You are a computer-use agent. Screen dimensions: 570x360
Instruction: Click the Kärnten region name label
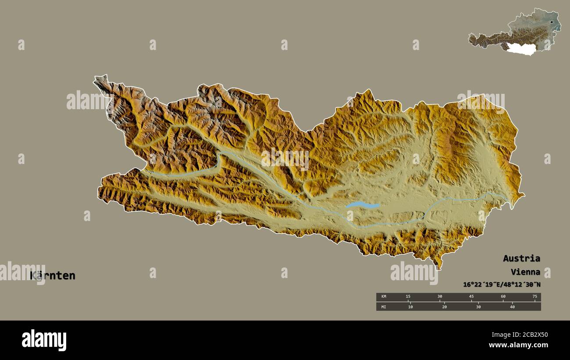53,276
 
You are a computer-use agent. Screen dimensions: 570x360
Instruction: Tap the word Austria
521,258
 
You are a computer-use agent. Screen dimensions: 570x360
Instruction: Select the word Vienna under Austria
525,272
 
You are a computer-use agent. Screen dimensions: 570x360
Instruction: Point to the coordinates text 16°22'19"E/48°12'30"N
502,285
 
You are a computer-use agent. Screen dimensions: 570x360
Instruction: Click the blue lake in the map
363,205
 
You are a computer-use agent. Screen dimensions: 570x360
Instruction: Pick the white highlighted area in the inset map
522,49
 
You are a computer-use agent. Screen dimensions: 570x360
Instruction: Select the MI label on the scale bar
383,307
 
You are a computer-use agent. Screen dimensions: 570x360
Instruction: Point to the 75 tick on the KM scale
534,297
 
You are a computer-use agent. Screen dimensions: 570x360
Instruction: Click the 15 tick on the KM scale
408,297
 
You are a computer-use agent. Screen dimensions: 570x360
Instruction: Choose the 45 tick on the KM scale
471,297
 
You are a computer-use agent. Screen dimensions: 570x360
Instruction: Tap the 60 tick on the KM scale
503,297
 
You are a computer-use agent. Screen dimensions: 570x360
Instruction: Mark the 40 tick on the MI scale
512,307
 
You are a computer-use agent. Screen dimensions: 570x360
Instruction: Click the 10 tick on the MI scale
410,307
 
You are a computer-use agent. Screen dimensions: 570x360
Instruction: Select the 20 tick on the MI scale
444,307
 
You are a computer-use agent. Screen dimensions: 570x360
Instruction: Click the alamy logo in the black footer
44,340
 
